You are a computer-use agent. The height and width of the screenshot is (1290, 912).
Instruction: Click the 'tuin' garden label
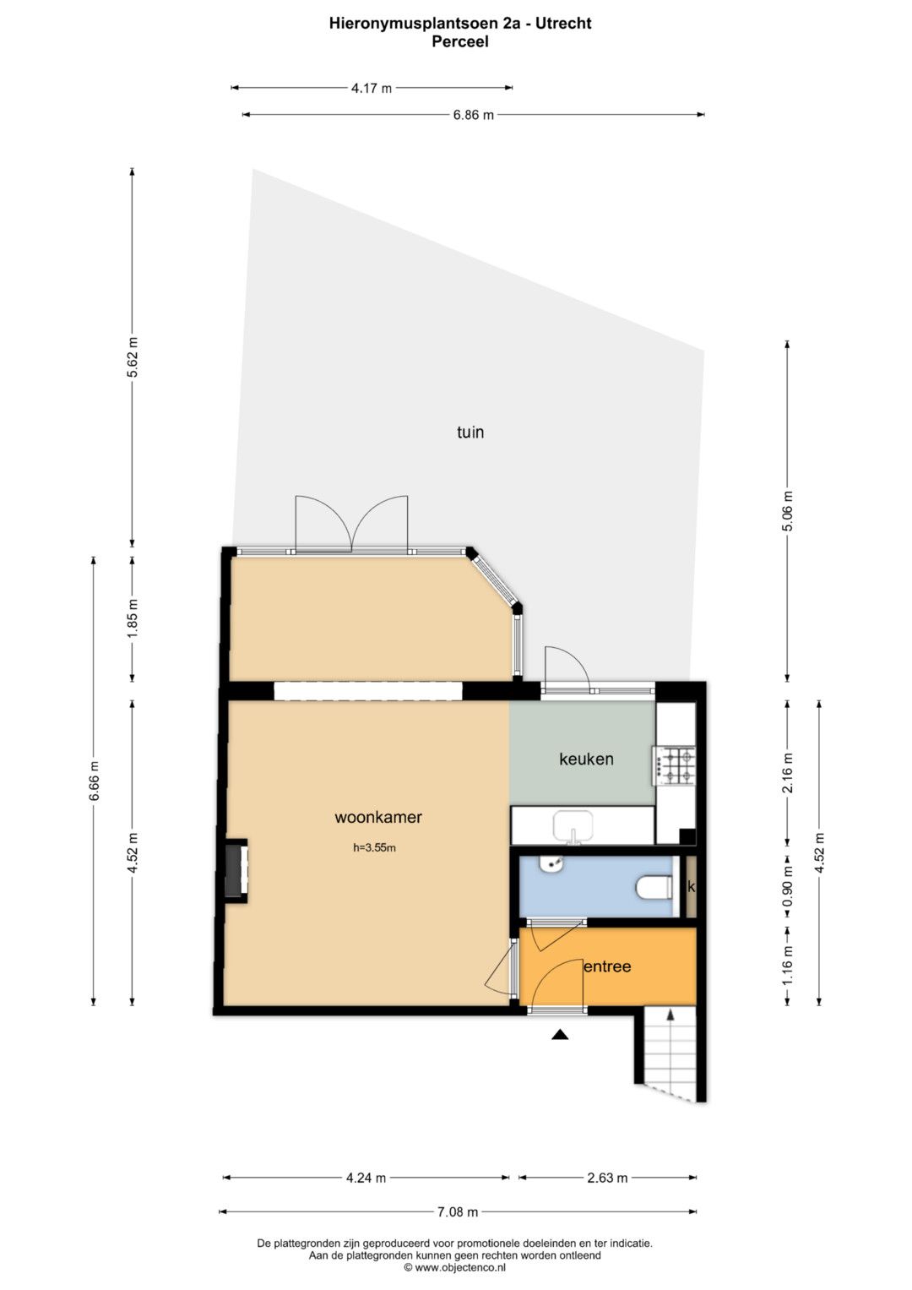coord(470,432)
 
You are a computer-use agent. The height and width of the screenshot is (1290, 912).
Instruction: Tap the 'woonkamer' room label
coord(378,817)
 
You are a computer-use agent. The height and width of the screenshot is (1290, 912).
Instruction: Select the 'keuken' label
coord(586,759)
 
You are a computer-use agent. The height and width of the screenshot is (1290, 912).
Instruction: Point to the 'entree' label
coord(607,966)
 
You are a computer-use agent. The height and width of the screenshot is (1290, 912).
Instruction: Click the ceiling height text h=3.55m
coord(374,847)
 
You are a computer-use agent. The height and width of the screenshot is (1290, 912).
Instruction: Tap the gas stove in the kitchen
coord(674,766)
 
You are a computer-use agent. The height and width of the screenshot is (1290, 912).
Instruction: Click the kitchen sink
coord(573,826)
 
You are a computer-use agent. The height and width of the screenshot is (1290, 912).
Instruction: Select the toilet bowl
coord(654,887)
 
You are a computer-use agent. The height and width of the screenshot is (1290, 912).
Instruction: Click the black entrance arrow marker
coord(560,1035)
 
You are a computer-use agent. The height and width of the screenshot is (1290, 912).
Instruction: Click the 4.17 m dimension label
coord(372,88)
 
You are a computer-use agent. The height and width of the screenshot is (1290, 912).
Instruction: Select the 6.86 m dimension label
coord(473,115)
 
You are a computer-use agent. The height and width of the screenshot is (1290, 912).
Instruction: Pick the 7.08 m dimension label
coord(458,1211)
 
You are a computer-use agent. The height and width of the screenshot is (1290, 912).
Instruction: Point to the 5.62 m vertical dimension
coord(133,357)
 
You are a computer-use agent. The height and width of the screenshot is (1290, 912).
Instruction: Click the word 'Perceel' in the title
coord(460,42)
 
